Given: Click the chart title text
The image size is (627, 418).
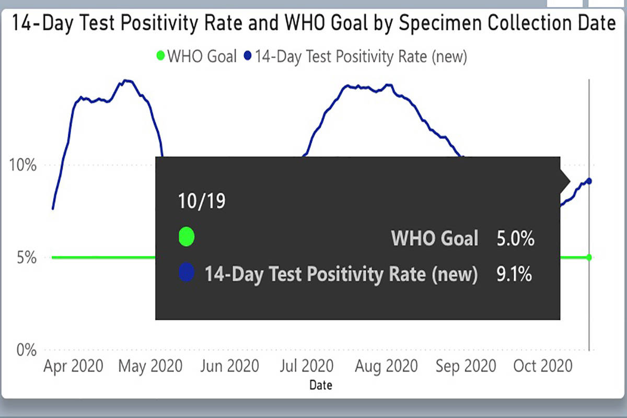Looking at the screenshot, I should (x=313, y=24).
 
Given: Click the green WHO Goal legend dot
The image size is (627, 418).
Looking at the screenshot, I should (x=160, y=56).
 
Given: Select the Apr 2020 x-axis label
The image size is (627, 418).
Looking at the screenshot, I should (x=73, y=366).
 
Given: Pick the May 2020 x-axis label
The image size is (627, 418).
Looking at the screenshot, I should (x=150, y=366).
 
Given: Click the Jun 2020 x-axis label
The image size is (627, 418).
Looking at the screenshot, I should (x=229, y=366).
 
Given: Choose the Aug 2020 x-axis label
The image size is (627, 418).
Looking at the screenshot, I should (x=387, y=366).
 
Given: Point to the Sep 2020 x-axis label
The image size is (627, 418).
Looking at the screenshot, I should (x=465, y=366).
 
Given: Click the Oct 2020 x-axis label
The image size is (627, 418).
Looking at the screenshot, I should (x=543, y=366).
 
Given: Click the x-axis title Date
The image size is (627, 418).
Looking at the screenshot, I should (x=320, y=386).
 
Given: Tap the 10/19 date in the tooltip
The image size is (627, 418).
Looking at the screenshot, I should (x=202, y=201).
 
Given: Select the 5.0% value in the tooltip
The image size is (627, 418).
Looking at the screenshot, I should (x=515, y=239).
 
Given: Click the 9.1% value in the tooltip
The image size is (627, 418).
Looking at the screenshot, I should (x=514, y=274).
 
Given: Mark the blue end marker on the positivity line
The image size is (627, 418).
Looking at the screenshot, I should (x=589, y=181).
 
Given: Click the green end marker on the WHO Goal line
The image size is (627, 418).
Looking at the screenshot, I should (x=589, y=257).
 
